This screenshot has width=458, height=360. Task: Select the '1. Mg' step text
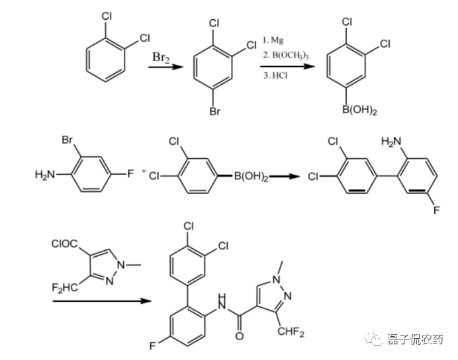(x=275, y=40)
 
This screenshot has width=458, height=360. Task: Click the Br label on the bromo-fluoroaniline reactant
(x=67, y=141)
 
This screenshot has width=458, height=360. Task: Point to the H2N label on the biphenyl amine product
(x=390, y=141)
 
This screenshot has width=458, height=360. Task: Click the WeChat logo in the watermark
(x=377, y=339)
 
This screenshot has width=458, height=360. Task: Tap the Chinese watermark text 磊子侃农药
(x=415, y=339)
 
